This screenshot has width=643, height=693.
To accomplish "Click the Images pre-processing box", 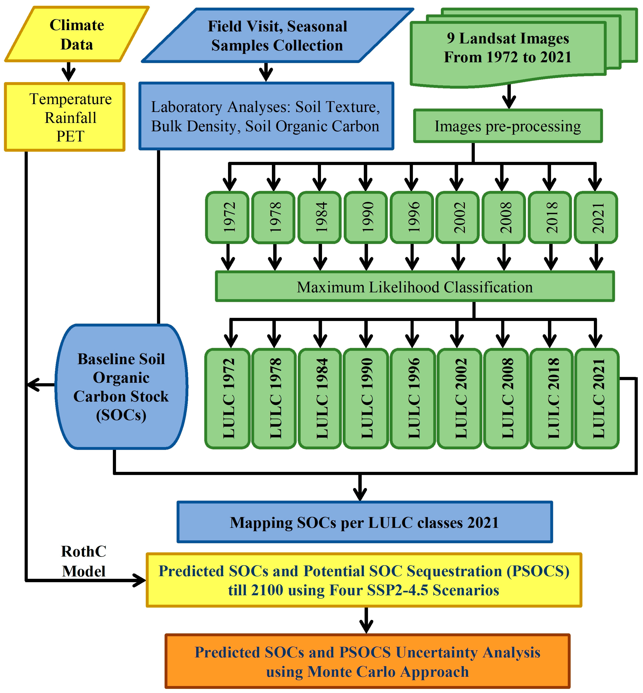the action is click(508, 126).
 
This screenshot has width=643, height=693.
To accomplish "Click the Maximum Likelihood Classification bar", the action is click(415, 286).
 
